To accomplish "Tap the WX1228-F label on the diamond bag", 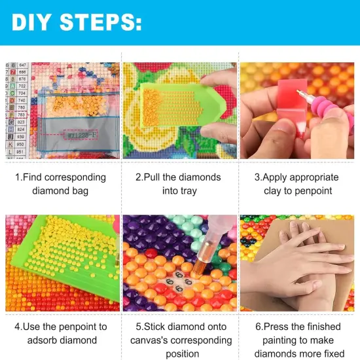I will click(x=82, y=135).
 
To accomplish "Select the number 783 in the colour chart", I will click(x=21, y=115).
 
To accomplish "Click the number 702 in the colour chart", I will click(x=21, y=86).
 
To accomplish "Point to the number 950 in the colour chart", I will click(x=21, y=144).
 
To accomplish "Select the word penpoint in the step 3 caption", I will click(x=316, y=190).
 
